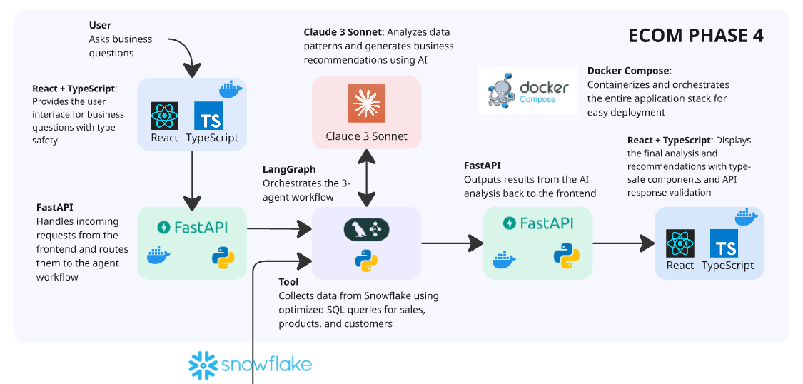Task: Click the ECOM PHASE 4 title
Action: tap(695, 36)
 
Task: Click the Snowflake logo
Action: tap(250, 365)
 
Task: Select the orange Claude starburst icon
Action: tap(366, 103)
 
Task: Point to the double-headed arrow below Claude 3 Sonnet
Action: tap(366, 176)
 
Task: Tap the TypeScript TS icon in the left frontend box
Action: tap(208, 116)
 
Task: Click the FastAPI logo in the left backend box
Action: tap(192, 227)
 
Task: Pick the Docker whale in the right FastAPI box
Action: tap(505, 258)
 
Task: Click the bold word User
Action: tap(100, 26)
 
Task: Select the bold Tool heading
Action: tap(288, 282)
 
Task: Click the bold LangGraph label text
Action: tap(289, 170)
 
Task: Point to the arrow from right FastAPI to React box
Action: tap(623, 243)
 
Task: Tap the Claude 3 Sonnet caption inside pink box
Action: tap(366, 136)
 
